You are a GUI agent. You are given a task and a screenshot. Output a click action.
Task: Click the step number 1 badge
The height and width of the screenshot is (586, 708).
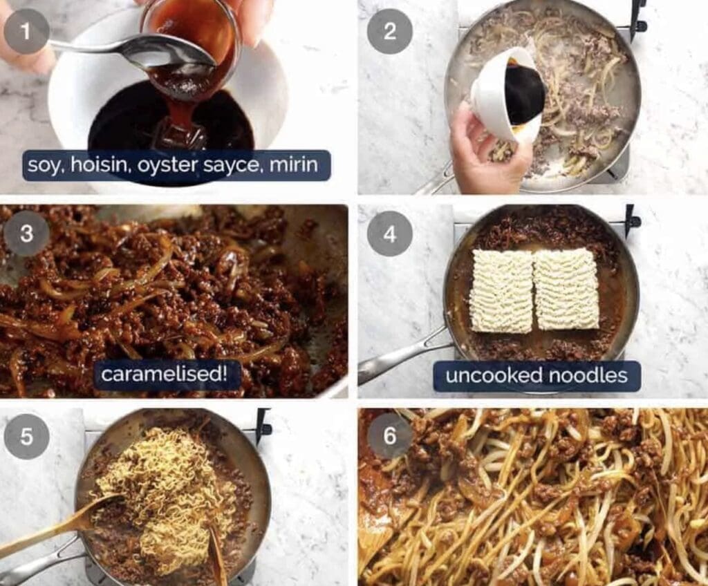click(26, 31)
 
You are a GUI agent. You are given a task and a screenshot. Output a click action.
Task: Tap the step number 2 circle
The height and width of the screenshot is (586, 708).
click(390, 31)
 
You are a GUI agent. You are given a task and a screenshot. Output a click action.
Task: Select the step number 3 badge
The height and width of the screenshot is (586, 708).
click(26, 234)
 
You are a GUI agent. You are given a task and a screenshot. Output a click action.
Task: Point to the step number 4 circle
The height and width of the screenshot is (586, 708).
click(390, 234)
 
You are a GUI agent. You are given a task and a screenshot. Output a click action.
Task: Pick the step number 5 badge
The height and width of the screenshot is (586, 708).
click(26, 437)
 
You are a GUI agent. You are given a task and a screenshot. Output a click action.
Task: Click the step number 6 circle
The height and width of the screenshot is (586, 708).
click(390, 437)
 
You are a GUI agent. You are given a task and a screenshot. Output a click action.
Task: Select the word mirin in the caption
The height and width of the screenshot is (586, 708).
click(293, 164)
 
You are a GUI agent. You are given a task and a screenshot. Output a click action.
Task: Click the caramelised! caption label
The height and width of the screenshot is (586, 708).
click(165, 374)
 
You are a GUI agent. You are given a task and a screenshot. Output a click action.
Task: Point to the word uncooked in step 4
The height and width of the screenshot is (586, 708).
click(494, 375)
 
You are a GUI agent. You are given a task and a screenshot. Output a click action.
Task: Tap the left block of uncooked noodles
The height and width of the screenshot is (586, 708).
click(502, 290)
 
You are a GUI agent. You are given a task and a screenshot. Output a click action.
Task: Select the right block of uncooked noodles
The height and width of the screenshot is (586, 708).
click(566, 289)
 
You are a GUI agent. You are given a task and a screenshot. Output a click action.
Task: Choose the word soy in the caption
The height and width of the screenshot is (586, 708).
click(44, 165)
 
